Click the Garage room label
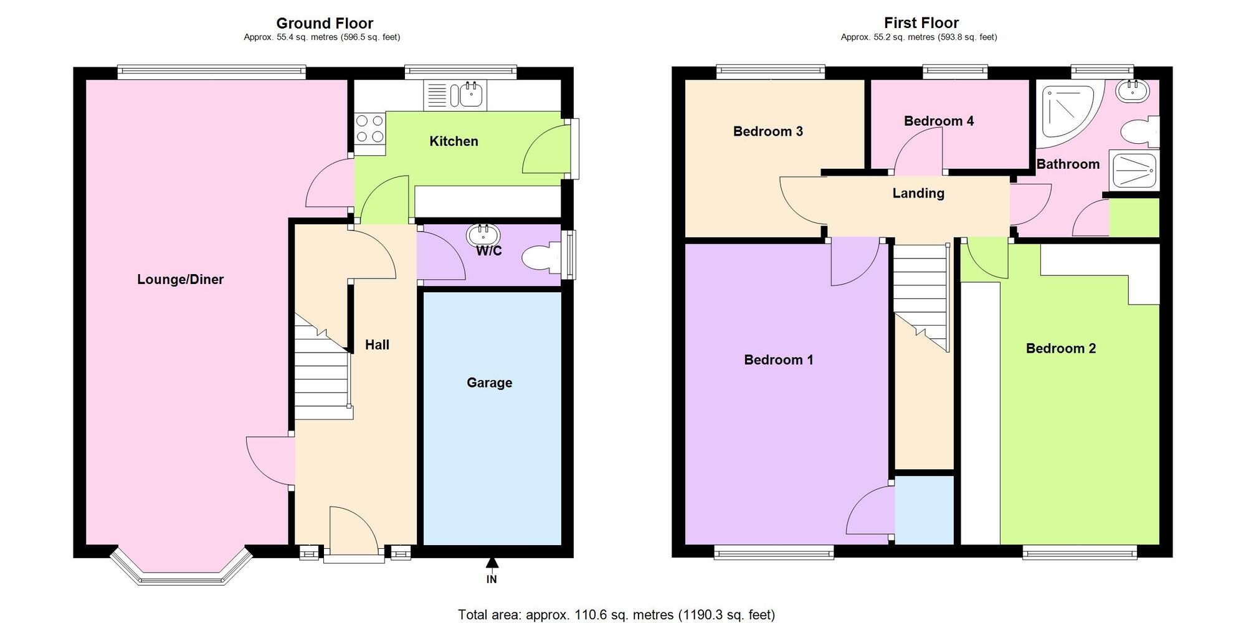pyautogui.click(x=489, y=383)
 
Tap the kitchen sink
pyautogui.click(x=471, y=95)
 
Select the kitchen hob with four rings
pyautogui.click(x=369, y=129)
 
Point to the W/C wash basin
pyautogui.click(x=483, y=235)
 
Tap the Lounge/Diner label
pyautogui.click(x=180, y=279)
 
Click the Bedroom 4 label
pyautogui.click(x=938, y=121)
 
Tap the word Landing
pyautogui.click(x=918, y=193)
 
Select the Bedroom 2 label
pyautogui.click(x=1060, y=348)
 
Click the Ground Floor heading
pyautogui.click(x=325, y=23)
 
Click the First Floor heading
pyautogui.click(x=921, y=23)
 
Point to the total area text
pyautogui.click(x=616, y=615)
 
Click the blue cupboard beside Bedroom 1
pyautogui.click(x=925, y=510)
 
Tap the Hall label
pyautogui.click(x=377, y=345)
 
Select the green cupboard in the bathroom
pyautogui.click(x=1134, y=217)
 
